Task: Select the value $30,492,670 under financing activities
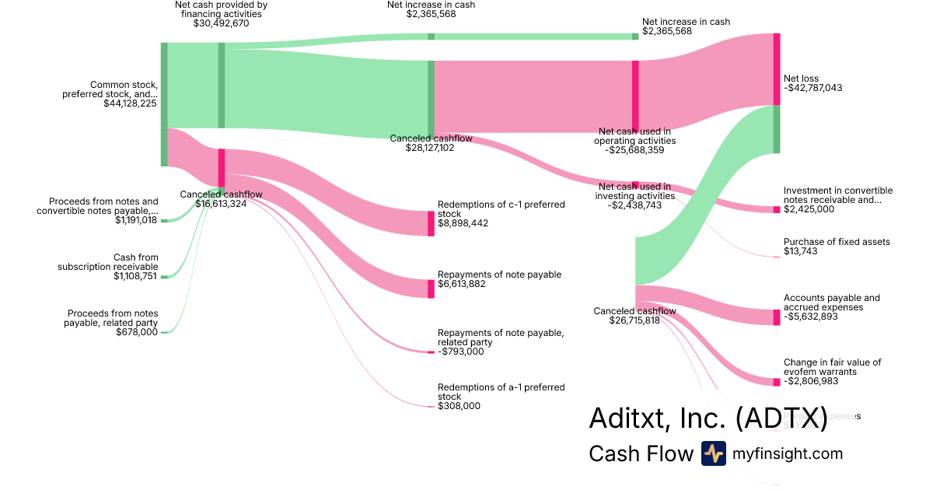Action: pyautogui.click(x=222, y=23)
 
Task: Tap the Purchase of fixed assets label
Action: pyautogui.click(x=837, y=242)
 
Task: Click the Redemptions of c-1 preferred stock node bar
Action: pyautogui.click(x=432, y=223)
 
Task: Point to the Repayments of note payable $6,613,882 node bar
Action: pyautogui.click(x=432, y=289)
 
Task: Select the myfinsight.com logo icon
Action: pyautogui.click(x=713, y=453)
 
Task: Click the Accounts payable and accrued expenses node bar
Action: pyautogui.click(x=777, y=317)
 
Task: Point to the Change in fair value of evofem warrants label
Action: pyautogui.click(x=832, y=367)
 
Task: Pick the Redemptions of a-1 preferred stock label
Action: pyautogui.click(x=501, y=391)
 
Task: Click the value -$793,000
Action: pyautogui.click(x=461, y=352)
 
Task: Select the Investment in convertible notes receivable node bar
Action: pyautogui.click(x=777, y=209)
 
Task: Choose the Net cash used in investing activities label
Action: pyautogui.click(x=634, y=191)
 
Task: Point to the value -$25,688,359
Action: pyautogui.click(x=634, y=150)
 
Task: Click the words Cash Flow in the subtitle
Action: pyautogui.click(x=641, y=453)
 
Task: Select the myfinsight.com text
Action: pyautogui.click(x=788, y=453)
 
